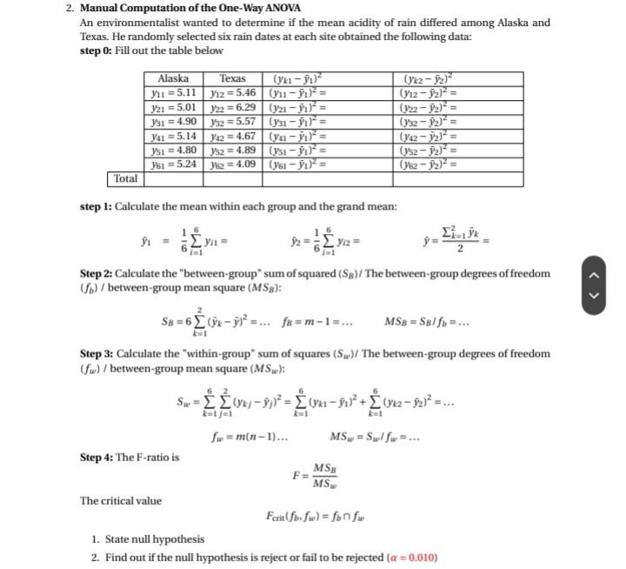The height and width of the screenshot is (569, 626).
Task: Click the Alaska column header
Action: (x=174, y=78)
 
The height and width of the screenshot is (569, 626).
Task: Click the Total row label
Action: (x=124, y=179)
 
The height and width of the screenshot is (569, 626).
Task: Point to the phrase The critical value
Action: (x=121, y=500)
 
